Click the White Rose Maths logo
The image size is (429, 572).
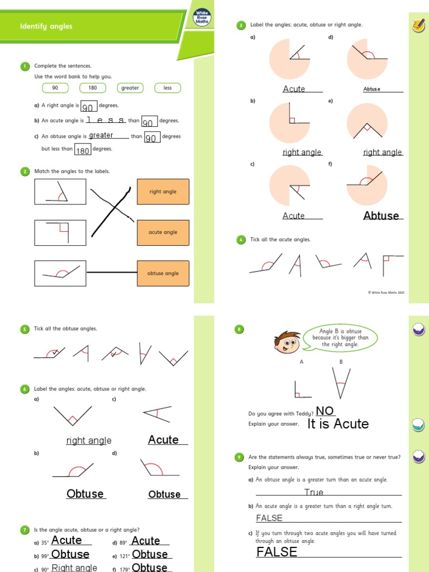(201, 18)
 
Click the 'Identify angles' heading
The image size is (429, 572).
(46, 26)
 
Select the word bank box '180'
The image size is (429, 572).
(93, 88)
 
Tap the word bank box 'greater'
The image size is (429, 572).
(130, 88)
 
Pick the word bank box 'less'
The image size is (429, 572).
(168, 88)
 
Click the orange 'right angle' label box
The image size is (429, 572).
(163, 192)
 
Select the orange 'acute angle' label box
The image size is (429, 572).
(163, 232)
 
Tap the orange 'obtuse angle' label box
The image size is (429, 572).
(163, 274)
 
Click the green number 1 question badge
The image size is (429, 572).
(25, 66)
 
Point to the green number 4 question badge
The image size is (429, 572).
(241, 240)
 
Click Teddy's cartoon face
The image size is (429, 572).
(288, 342)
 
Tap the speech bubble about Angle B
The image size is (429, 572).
(341, 339)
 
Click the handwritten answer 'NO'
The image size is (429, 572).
(325, 411)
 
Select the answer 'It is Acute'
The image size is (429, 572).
(338, 424)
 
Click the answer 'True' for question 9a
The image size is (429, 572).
(314, 492)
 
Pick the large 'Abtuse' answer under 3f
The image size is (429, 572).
(381, 216)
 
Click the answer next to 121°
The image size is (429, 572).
(150, 554)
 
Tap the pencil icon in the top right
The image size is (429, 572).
(417, 25)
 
